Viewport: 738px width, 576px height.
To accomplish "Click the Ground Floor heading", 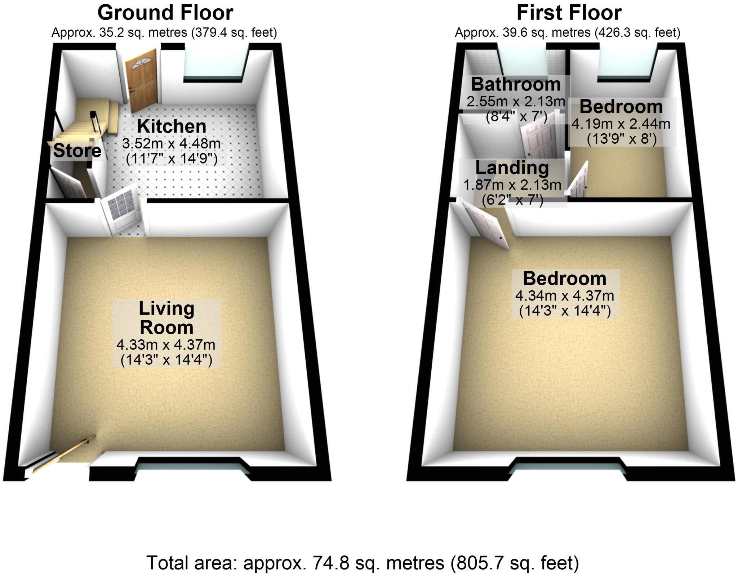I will click(165, 13).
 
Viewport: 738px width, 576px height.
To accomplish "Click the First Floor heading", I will click(569, 13).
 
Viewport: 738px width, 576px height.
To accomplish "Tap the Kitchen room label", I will click(172, 126).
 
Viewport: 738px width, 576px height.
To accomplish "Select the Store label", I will click(77, 151).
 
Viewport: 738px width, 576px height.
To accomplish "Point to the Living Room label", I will click(166, 318).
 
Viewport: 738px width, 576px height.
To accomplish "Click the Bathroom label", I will click(516, 85).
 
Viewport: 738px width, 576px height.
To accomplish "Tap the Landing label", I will click(512, 168).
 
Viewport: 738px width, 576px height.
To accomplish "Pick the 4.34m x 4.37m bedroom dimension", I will click(565, 296).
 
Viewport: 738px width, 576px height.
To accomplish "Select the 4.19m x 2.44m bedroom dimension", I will click(621, 124).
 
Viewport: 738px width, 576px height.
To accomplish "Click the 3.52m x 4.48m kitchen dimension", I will click(172, 144).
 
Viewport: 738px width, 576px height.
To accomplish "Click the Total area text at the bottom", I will click(363, 563).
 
